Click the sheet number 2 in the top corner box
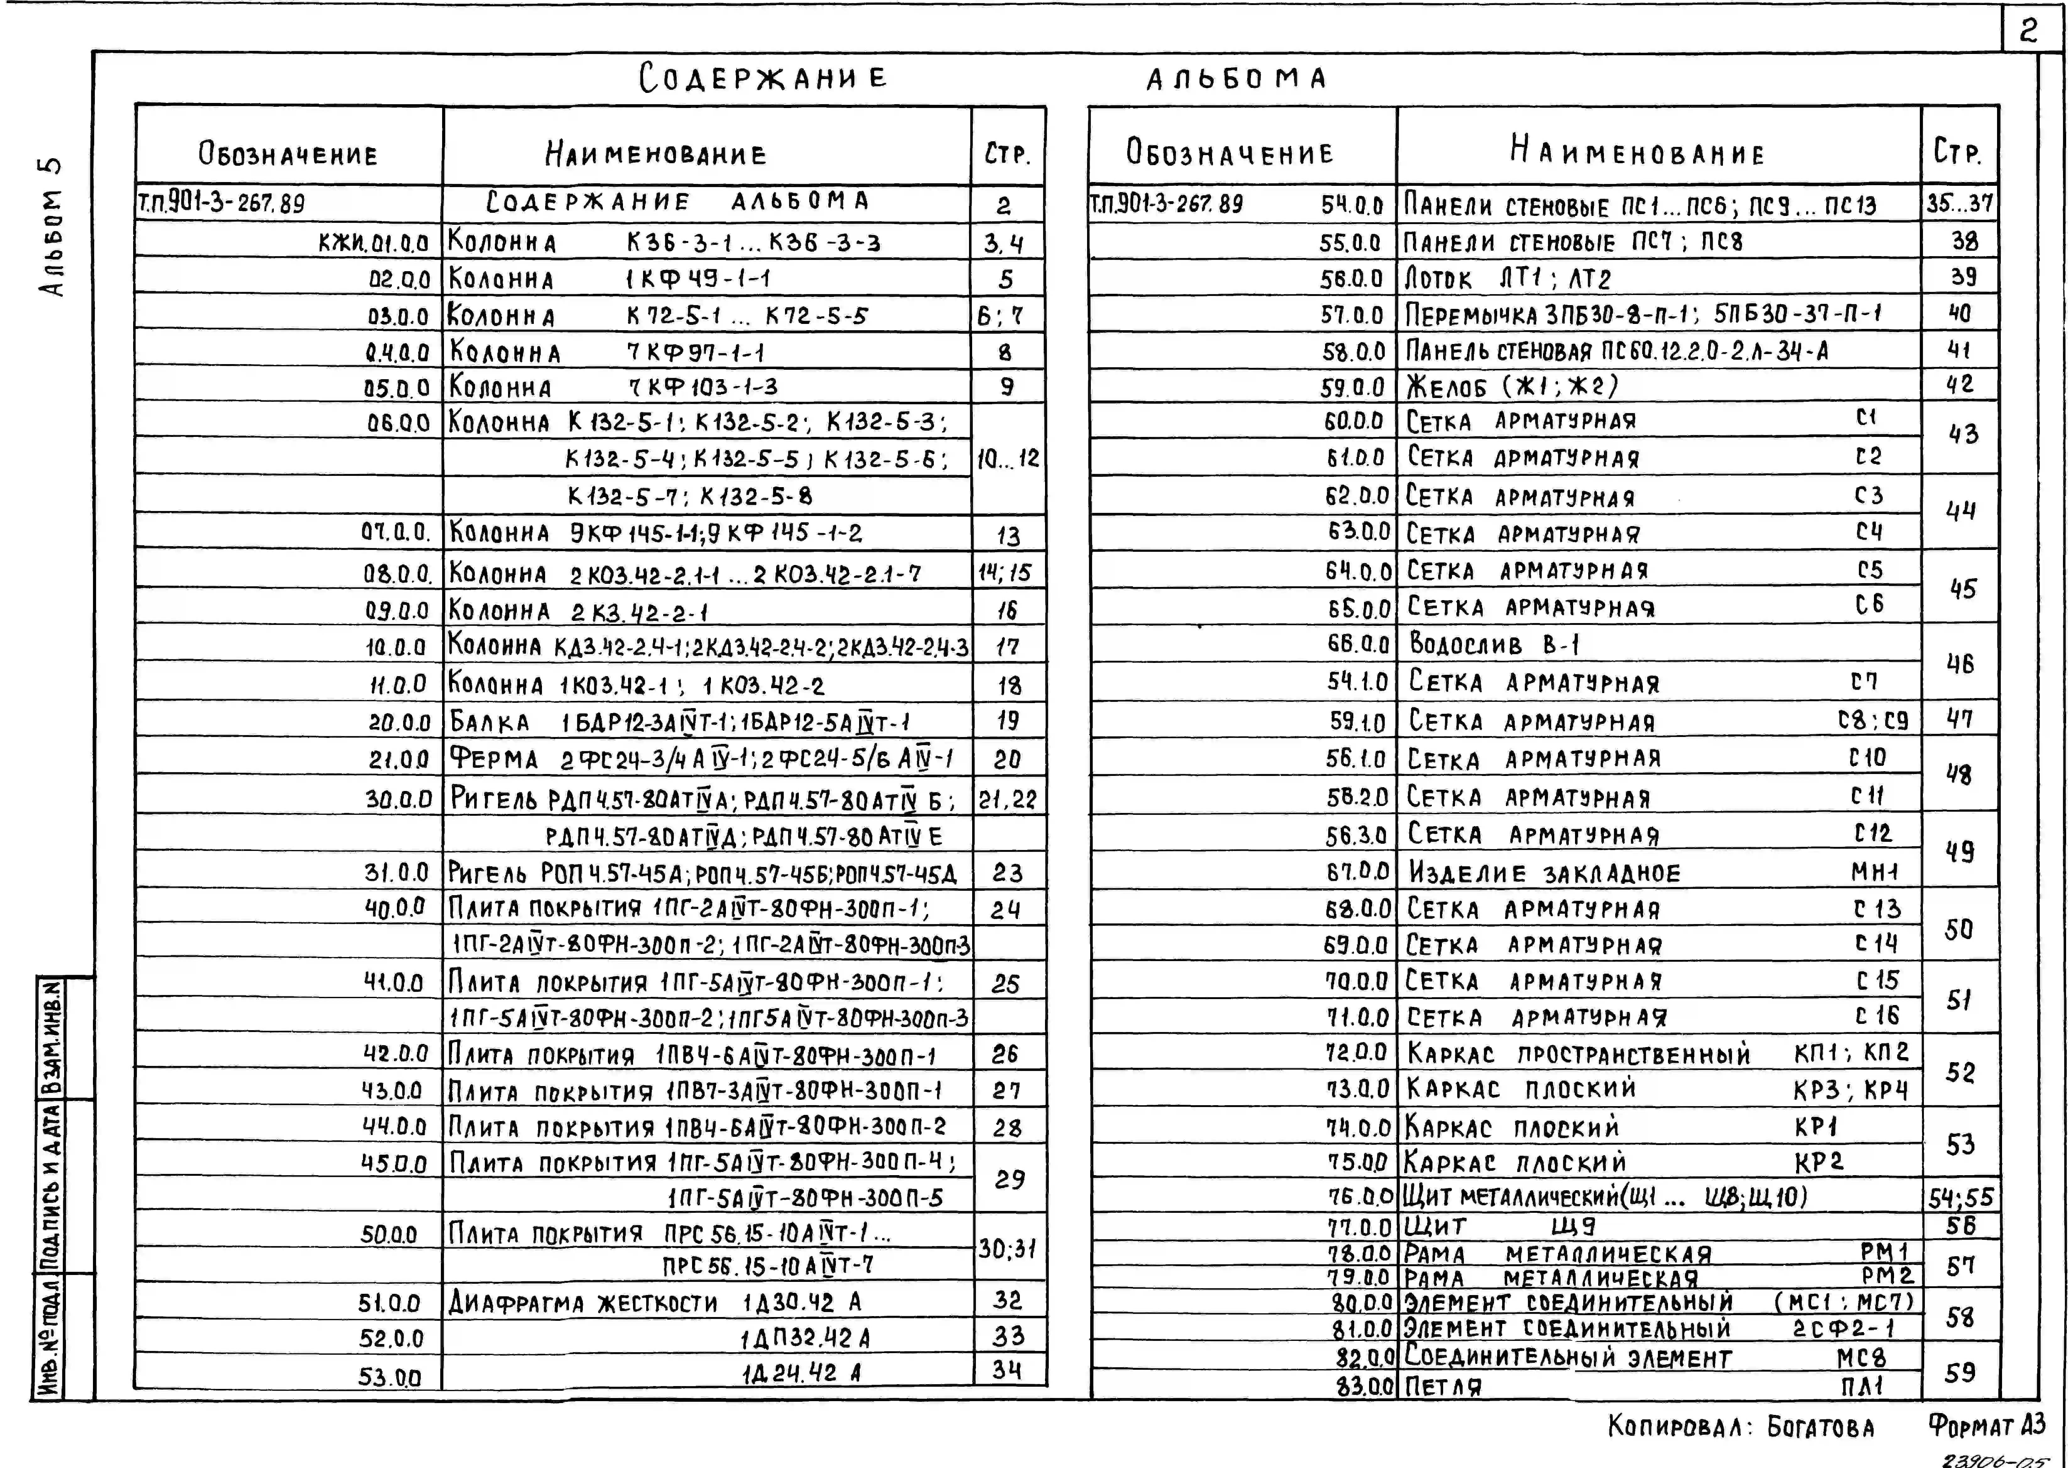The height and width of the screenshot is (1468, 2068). click(x=2028, y=32)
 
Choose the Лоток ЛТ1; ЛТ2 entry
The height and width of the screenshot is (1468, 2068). click(x=1508, y=278)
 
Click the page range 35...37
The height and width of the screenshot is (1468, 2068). click(x=1959, y=203)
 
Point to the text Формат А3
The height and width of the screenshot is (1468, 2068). click(x=1986, y=1427)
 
